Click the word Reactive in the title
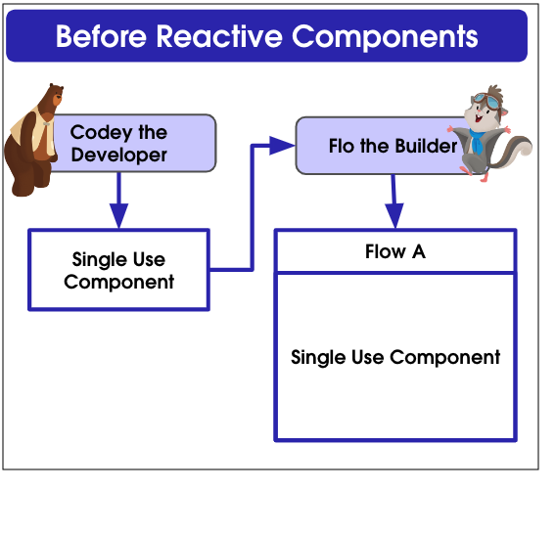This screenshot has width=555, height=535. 219,36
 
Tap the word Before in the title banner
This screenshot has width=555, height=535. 101,36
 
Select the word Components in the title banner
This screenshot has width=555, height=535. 385,37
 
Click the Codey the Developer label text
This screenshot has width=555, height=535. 119,143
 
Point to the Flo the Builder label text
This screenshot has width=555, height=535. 393,146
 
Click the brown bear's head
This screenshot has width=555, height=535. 55,95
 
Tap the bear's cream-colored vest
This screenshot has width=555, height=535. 32,131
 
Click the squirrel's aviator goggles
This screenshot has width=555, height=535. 486,100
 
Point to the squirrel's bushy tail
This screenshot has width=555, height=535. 515,151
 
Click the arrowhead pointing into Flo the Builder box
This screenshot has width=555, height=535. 282,146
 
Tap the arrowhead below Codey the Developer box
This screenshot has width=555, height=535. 119,216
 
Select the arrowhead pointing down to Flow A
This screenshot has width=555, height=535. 394,216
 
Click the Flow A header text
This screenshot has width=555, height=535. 395,251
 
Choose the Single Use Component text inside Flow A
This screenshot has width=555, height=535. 395,358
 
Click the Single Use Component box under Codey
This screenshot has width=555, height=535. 119,270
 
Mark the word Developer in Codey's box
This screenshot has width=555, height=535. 119,156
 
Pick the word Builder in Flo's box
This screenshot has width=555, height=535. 426,146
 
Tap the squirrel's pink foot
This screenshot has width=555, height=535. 484,177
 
